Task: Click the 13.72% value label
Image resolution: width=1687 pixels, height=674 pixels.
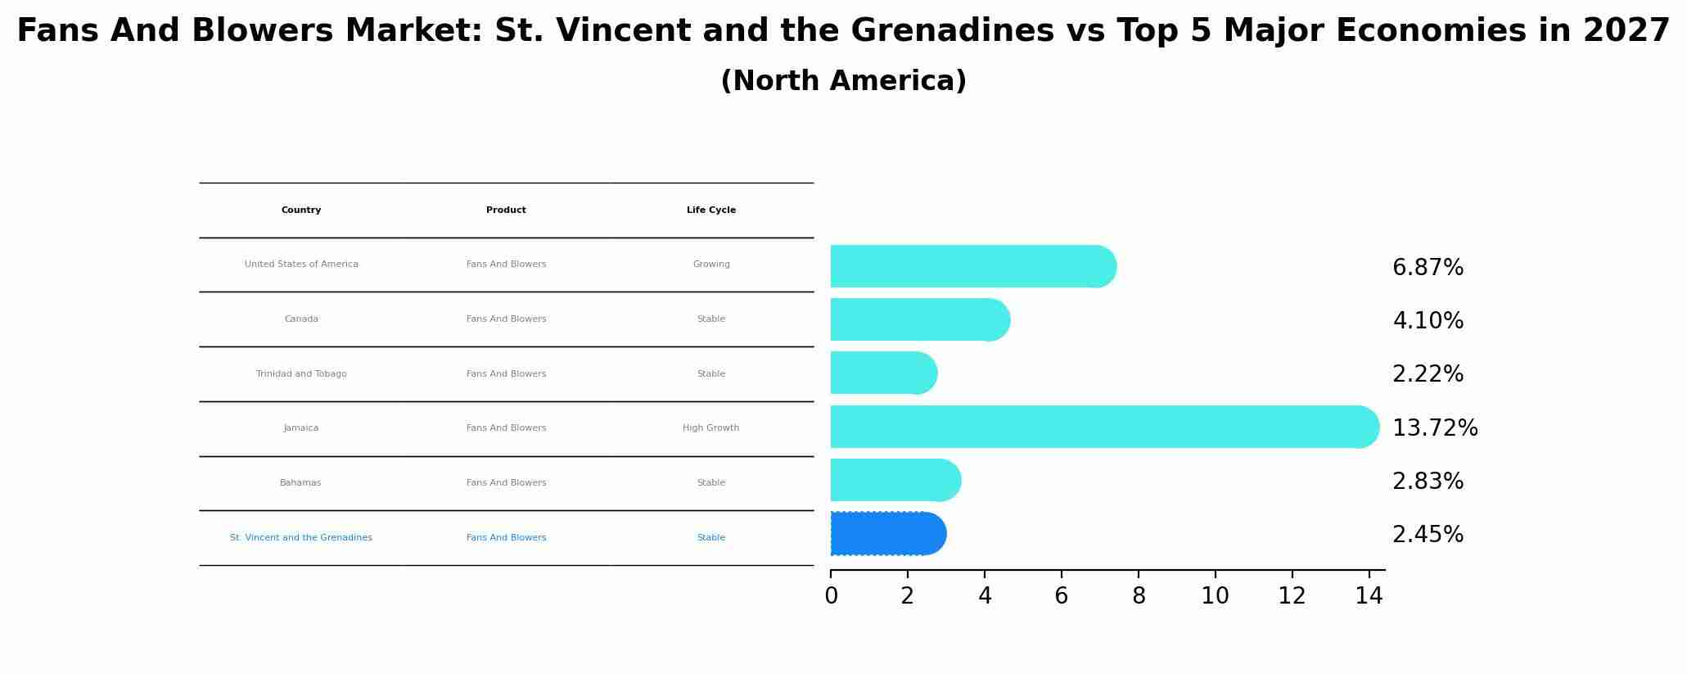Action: (x=1434, y=428)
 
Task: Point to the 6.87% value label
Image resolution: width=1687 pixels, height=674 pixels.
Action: (x=1428, y=268)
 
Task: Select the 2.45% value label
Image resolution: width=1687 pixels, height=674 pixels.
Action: (x=1428, y=535)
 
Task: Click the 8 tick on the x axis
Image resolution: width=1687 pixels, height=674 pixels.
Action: (x=1138, y=596)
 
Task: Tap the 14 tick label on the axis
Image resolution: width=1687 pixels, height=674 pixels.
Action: (x=1368, y=596)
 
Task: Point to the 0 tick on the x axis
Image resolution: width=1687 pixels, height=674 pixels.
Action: (x=831, y=596)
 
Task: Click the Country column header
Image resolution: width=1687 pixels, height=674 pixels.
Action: (x=301, y=210)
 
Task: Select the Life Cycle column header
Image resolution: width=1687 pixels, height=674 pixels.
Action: (x=710, y=210)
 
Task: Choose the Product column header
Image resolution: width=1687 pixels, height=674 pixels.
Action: (x=506, y=210)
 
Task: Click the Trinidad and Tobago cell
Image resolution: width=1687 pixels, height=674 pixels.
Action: (x=301, y=374)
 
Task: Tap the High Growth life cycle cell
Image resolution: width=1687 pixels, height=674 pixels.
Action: (x=710, y=428)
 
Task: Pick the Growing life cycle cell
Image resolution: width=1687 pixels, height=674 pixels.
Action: (x=710, y=265)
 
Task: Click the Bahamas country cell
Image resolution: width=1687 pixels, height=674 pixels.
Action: (x=300, y=483)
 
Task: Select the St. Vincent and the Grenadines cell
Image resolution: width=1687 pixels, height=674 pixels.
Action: (x=300, y=538)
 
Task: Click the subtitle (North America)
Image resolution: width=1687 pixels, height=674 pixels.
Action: (x=843, y=81)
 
